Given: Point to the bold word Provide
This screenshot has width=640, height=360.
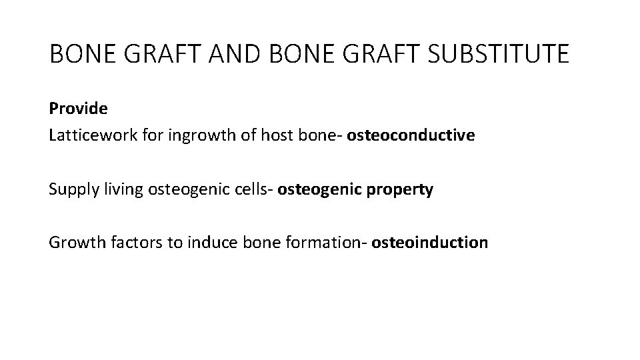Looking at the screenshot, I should [78, 108].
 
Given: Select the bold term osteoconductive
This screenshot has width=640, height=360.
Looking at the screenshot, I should [411, 135].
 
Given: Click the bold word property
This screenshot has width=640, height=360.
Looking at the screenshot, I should [401, 189].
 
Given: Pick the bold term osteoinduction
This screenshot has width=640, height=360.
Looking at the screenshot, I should [430, 243].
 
